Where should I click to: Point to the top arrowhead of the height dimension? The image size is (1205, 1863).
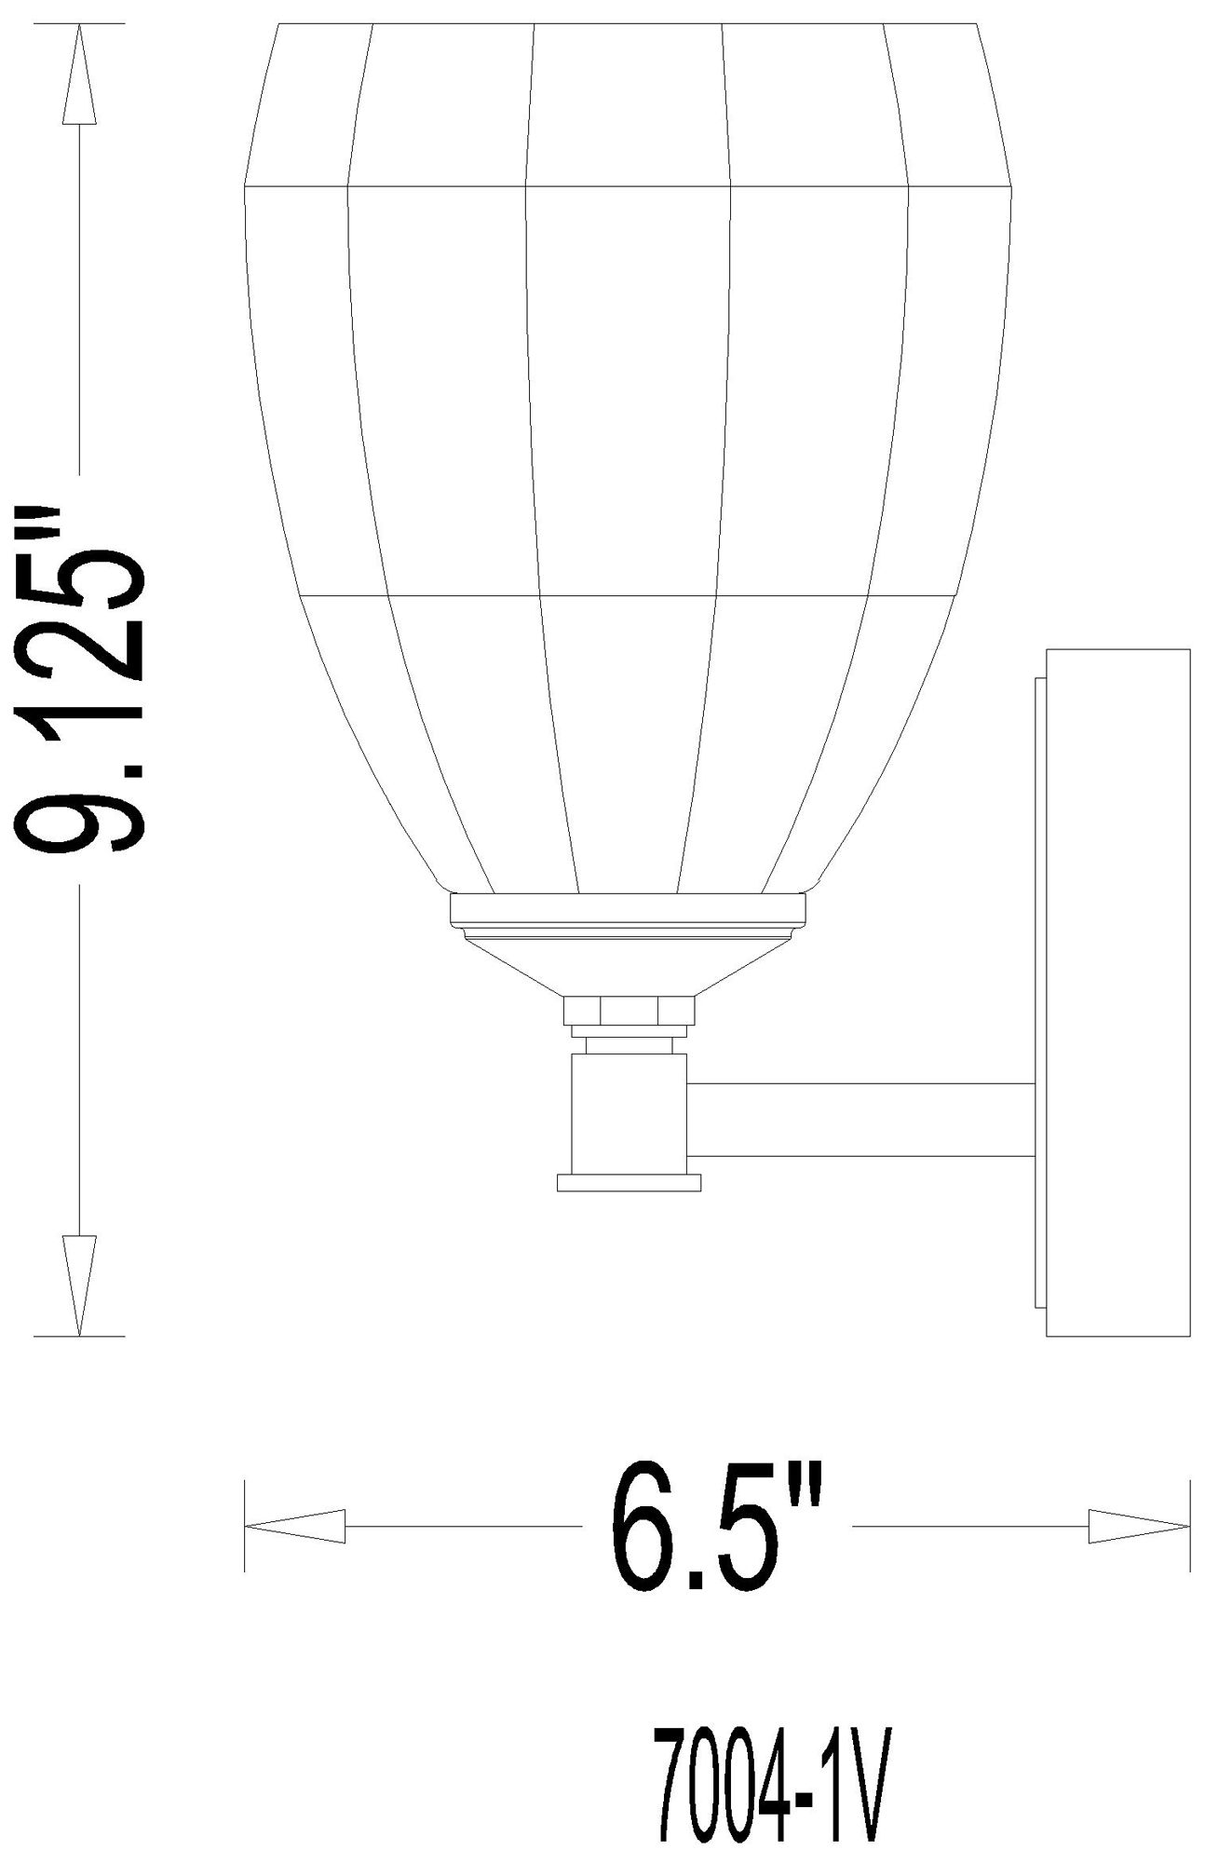[81, 75]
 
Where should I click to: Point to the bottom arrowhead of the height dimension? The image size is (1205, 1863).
[81, 1285]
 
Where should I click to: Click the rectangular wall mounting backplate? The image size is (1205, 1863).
[1117, 992]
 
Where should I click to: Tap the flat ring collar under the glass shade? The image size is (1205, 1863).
[629, 909]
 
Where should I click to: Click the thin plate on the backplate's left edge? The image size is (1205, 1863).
[1040, 992]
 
